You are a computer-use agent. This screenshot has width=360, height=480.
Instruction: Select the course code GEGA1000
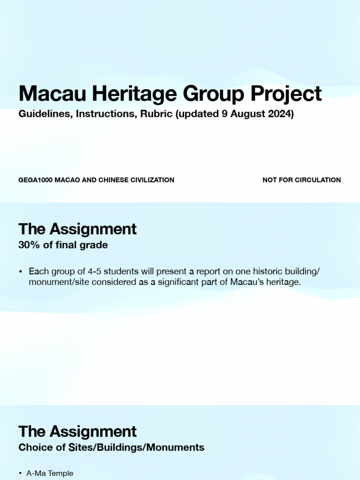[x=36, y=180]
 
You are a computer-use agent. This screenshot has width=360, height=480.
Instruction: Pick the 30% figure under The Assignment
[x=29, y=245]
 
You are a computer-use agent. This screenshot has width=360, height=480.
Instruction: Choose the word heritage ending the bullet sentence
[x=283, y=282]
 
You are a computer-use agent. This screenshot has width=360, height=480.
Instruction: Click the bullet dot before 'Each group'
[x=21, y=272]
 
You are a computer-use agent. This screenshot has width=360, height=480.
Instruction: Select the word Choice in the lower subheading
[x=34, y=447]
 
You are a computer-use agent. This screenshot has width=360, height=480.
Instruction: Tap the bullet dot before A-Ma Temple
[x=21, y=474]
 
